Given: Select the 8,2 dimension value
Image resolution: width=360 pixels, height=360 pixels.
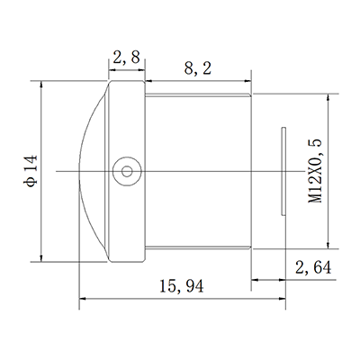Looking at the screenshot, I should tap(198, 67).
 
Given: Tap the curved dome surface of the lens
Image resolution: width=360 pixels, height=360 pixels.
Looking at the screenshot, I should tap(90, 169).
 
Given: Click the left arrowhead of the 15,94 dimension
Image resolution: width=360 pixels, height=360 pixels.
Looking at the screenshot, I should tap(85, 298).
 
